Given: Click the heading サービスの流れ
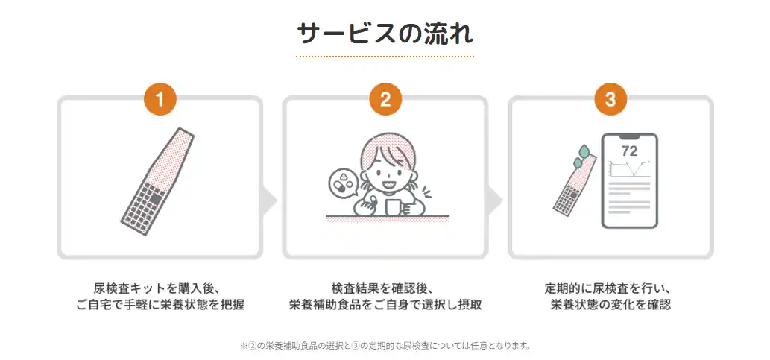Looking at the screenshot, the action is pyautogui.click(x=385, y=34).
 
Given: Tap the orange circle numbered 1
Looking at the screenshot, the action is pyautogui.click(x=160, y=99).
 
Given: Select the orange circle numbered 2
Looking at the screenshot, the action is pyautogui.click(x=385, y=99).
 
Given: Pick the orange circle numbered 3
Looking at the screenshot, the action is pyautogui.click(x=610, y=99).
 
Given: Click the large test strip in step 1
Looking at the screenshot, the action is pyautogui.click(x=157, y=181).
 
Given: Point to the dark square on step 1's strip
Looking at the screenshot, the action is pyautogui.click(x=155, y=198).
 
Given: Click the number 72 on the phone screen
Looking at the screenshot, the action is pyautogui.click(x=629, y=151).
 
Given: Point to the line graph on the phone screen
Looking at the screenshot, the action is pyautogui.click(x=630, y=168).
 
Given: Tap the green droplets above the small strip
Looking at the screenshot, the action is pyautogui.click(x=581, y=155).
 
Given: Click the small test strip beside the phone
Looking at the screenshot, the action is pyautogui.click(x=575, y=184).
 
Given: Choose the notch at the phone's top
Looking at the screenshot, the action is pyautogui.click(x=629, y=136).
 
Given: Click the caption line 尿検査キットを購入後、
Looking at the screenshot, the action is pyautogui.click(x=160, y=288).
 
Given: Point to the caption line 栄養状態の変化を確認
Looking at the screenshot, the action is pyautogui.click(x=610, y=305).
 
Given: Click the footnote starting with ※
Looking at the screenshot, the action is pyautogui.click(x=385, y=346).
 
